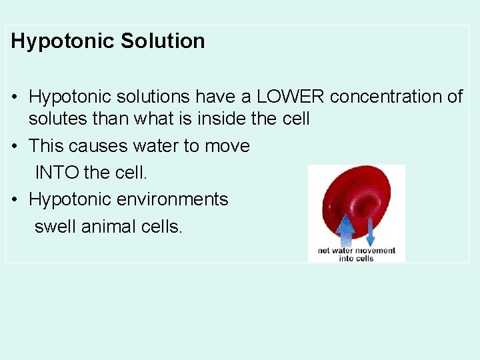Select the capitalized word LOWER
[290, 97]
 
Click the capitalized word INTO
[57, 172]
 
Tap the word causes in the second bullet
[97, 146]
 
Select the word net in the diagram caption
[324, 251]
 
